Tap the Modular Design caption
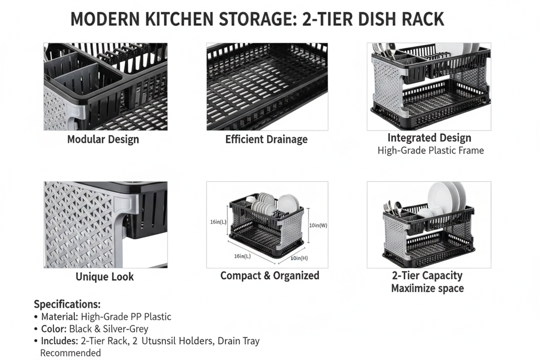(103, 139)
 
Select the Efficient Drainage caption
(267, 139)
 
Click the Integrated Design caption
(429, 138)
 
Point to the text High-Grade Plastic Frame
(431, 150)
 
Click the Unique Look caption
(105, 277)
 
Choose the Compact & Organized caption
(269, 276)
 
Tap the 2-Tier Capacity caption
(427, 276)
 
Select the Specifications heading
(67, 304)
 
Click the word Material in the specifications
(59, 317)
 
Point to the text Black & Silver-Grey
(116, 329)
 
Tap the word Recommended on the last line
(70, 353)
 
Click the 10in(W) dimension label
(318, 226)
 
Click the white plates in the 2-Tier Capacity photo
(447, 197)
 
